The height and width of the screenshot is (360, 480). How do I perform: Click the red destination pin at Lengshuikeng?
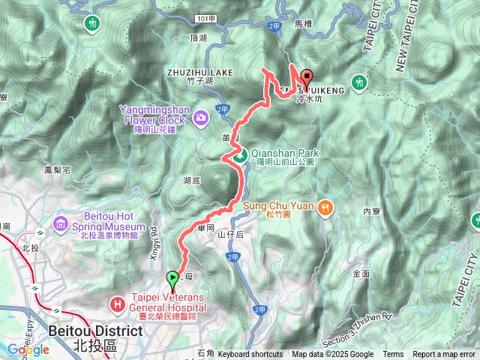pos(307,78)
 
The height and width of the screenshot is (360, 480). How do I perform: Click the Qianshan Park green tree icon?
pos(238,156)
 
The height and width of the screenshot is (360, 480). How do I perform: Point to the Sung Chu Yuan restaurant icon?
pos(325,207)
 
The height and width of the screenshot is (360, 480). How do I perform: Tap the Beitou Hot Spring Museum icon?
pos(61,224)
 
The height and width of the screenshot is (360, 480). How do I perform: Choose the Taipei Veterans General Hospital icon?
pos(118,305)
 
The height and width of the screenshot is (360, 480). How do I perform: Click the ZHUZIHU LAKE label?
pos(200,72)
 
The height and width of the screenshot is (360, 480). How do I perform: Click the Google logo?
pos(28,349)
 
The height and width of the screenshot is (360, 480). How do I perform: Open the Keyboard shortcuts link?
pos(250,355)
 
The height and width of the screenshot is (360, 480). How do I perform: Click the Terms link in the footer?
pos(393,355)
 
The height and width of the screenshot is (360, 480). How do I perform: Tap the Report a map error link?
pos(444,355)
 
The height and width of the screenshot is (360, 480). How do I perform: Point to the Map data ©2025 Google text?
pos(332,355)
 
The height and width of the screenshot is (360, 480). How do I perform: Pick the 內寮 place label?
pos(371,212)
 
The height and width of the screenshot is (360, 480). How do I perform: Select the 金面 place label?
pos(360,274)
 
